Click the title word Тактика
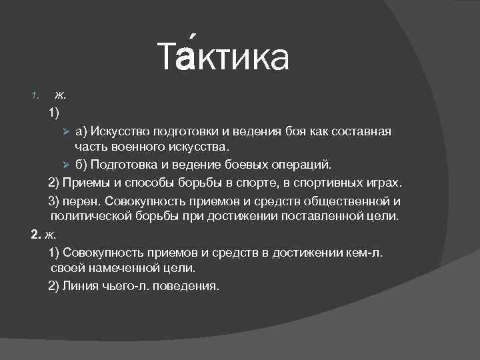[x=224, y=57]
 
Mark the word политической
[x=97, y=217]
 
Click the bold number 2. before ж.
[x=37, y=235]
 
